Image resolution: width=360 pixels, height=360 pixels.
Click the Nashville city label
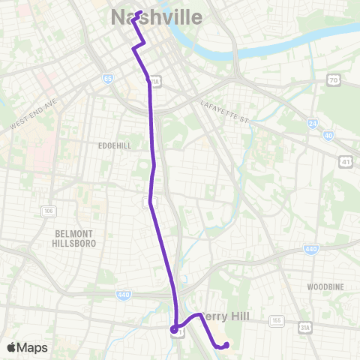(156, 16)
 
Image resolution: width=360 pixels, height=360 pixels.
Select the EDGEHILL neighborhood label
(114, 145)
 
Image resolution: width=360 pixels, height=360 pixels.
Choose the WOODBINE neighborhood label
(325, 286)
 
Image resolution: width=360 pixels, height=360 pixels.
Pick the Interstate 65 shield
(109, 78)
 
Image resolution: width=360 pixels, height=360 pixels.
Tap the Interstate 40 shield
(328, 134)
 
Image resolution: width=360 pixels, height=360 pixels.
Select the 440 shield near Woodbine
(310, 249)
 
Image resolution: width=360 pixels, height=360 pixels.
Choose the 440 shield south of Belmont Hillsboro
(124, 295)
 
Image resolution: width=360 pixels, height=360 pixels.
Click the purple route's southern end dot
(226, 345)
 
